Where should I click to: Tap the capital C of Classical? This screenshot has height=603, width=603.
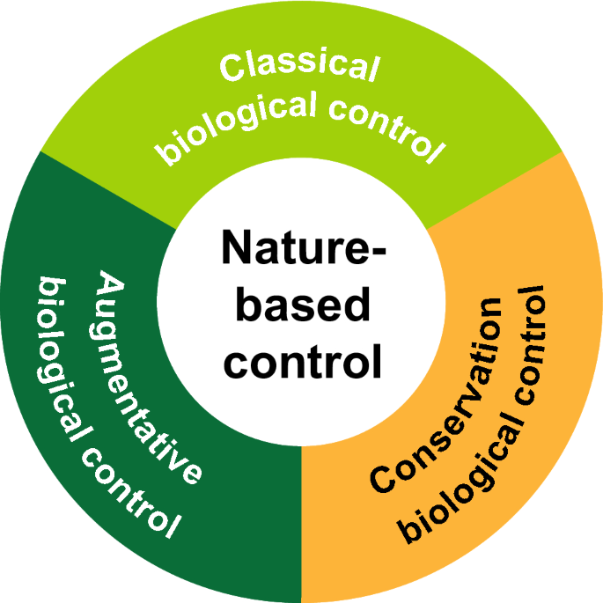(x=231, y=69)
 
